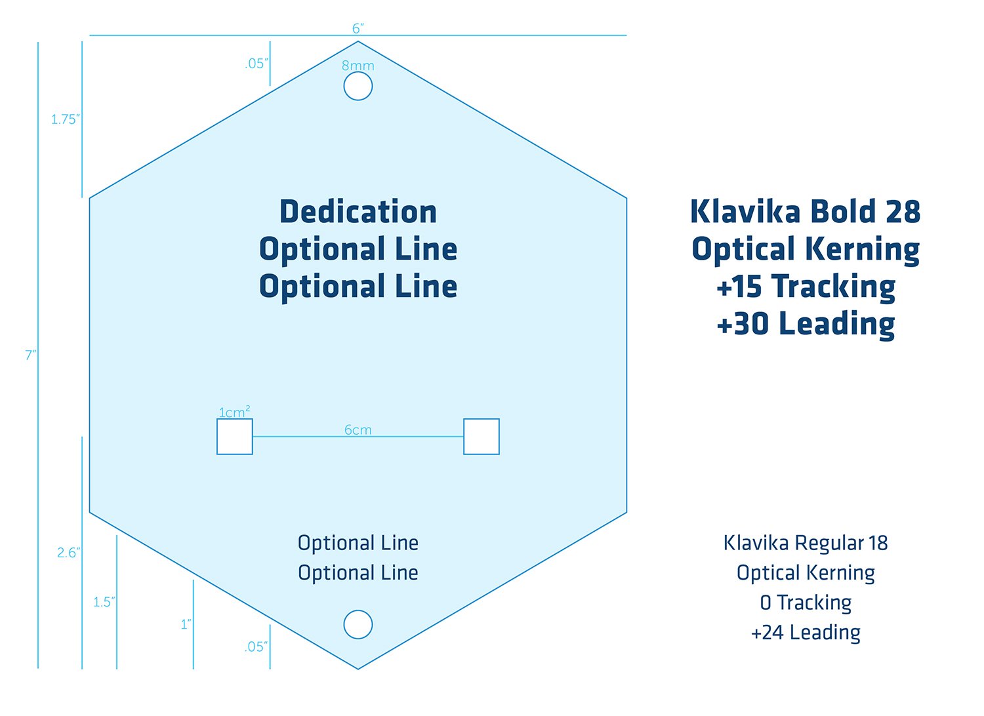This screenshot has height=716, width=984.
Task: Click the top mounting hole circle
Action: coord(358,86)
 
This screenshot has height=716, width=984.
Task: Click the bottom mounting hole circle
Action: coord(358,624)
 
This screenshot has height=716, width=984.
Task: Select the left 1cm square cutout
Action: coord(235,437)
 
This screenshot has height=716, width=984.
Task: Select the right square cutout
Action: coord(482,437)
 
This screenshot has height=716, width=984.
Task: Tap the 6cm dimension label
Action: coord(358,430)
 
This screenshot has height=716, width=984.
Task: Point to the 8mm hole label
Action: coord(358,66)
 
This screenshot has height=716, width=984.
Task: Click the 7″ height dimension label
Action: coord(31,355)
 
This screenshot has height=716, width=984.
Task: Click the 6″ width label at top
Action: coord(358,28)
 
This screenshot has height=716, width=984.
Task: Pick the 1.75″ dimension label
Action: coord(65,119)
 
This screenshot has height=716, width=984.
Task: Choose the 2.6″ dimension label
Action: coord(68,553)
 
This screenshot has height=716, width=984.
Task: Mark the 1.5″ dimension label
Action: coord(104,602)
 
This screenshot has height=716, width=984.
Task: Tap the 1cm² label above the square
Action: coord(234,412)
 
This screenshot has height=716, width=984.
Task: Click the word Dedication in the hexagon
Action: coord(358,212)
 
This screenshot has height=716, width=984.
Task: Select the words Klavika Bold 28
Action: coord(806,212)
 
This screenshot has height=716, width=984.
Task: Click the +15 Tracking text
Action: coord(806,287)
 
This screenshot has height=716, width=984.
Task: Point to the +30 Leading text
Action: coord(806,324)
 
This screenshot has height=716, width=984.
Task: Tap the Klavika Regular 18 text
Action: coord(806,543)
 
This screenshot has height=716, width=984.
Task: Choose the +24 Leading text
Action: coord(806,633)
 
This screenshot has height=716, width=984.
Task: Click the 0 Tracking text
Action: coord(806,603)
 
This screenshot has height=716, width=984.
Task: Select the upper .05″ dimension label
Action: coord(256,64)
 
